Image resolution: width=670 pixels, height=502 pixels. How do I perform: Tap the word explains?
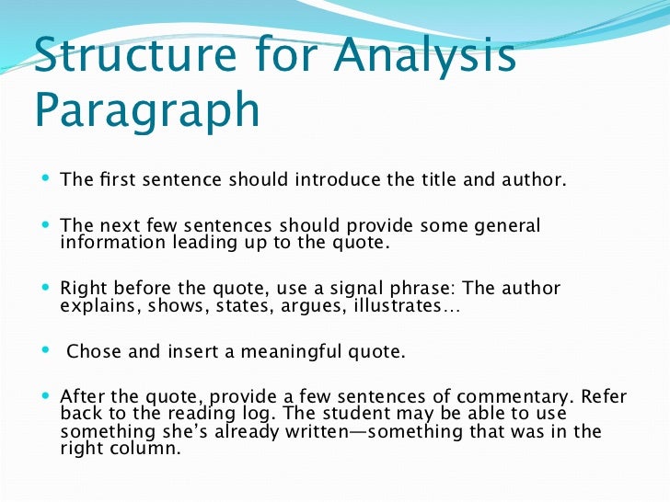click(96, 305)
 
